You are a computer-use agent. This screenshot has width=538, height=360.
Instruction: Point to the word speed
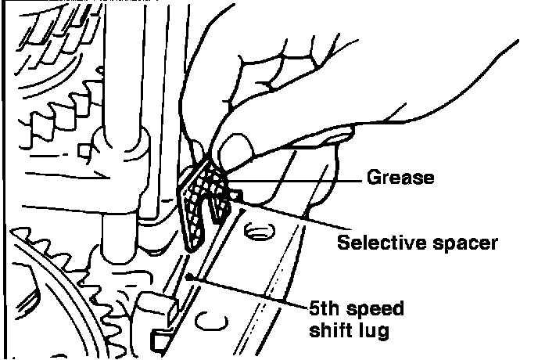pyautogui.click(x=373, y=310)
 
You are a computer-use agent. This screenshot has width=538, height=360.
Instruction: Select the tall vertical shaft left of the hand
pyautogui.click(x=122, y=117)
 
